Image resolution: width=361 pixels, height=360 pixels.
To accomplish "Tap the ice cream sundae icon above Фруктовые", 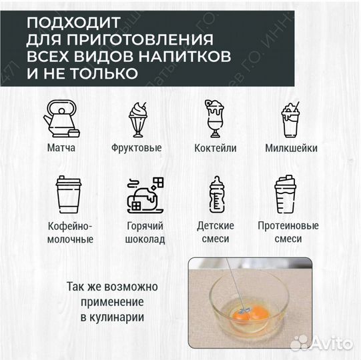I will (138, 118).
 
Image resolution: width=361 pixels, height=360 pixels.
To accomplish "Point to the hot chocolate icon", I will (144, 193).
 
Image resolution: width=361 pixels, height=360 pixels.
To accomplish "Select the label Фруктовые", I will (139, 148).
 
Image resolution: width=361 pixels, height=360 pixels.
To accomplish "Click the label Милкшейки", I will (291, 148).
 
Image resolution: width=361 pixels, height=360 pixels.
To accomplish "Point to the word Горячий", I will (144, 226).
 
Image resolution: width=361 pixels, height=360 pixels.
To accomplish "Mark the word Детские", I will (215, 226).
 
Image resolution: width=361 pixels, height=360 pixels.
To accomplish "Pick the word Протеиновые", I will (288, 226).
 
